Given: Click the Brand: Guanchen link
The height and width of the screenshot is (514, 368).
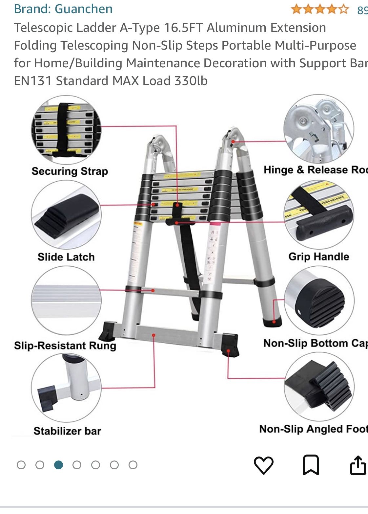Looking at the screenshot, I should pos(63,9).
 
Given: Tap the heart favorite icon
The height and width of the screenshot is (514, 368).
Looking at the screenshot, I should pos(263,465).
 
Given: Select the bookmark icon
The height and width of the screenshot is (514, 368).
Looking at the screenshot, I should pos(311,465).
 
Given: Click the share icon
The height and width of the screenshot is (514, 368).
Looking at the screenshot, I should pos(358,465).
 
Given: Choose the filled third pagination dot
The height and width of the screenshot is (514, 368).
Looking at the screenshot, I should pos(58,465).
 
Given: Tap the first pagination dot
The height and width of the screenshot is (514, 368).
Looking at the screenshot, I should pos(21,465).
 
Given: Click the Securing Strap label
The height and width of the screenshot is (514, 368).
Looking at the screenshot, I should pos(70,171).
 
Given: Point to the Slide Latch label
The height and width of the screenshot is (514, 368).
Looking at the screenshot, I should pos(66,257).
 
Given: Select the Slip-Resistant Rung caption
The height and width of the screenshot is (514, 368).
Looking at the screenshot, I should pos(65,346).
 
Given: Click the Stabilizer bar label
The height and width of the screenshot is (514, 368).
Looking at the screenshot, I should pos(67,431).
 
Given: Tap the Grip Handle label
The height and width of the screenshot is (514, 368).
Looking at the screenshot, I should pos(318,257).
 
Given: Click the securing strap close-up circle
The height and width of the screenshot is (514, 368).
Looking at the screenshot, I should pos(66,130).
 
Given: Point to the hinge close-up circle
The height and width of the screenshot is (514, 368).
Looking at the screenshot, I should pos(318,129).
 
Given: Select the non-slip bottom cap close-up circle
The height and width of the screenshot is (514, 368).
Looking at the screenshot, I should pos(319,300).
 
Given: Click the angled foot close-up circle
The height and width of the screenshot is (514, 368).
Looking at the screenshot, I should pos(319,386).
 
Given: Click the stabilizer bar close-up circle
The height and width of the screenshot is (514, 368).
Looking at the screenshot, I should pos(66,388).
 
